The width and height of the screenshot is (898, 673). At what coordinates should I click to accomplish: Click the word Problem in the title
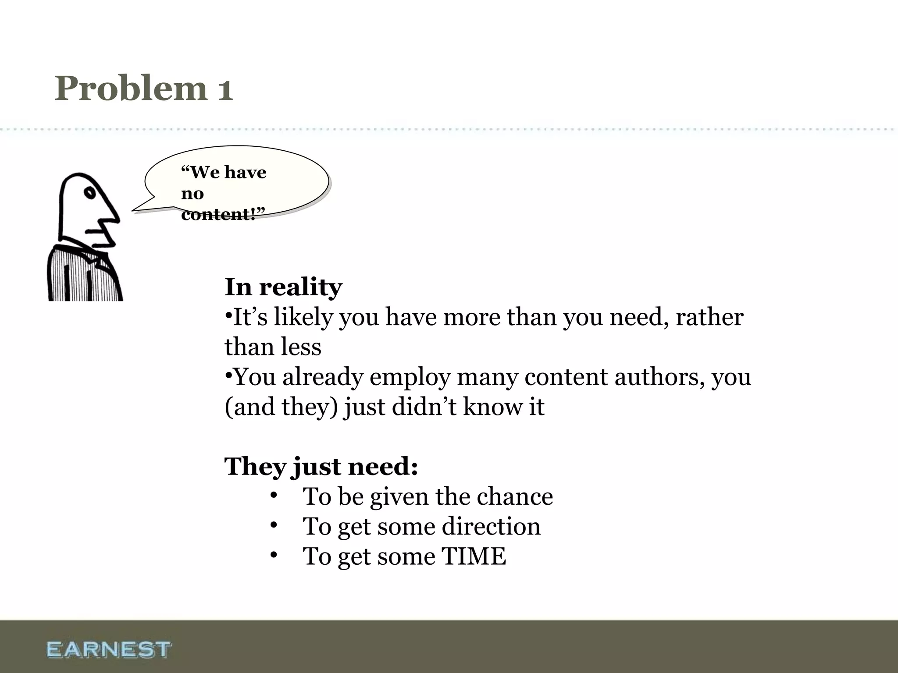pyautogui.click(x=131, y=88)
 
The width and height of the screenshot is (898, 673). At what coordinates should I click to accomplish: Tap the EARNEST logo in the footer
pyautogui.click(x=108, y=649)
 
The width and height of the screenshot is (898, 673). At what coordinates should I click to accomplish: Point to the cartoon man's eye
pyautogui.click(x=90, y=192)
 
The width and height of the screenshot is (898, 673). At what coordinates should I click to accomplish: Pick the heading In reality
pyautogui.click(x=283, y=287)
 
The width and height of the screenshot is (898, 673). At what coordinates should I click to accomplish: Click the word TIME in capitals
pyautogui.click(x=474, y=556)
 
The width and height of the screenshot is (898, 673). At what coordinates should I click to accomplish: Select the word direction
pyautogui.click(x=491, y=526)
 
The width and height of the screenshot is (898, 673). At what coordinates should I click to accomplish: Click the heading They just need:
pyautogui.click(x=321, y=466)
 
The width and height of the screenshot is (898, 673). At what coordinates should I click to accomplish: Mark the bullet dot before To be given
pyautogui.click(x=274, y=496)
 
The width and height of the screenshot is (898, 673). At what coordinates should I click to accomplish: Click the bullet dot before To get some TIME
pyautogui.click(x=274, y=555)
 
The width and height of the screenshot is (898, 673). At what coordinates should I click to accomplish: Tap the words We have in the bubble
pyautogui.click(x=224, y=172)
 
